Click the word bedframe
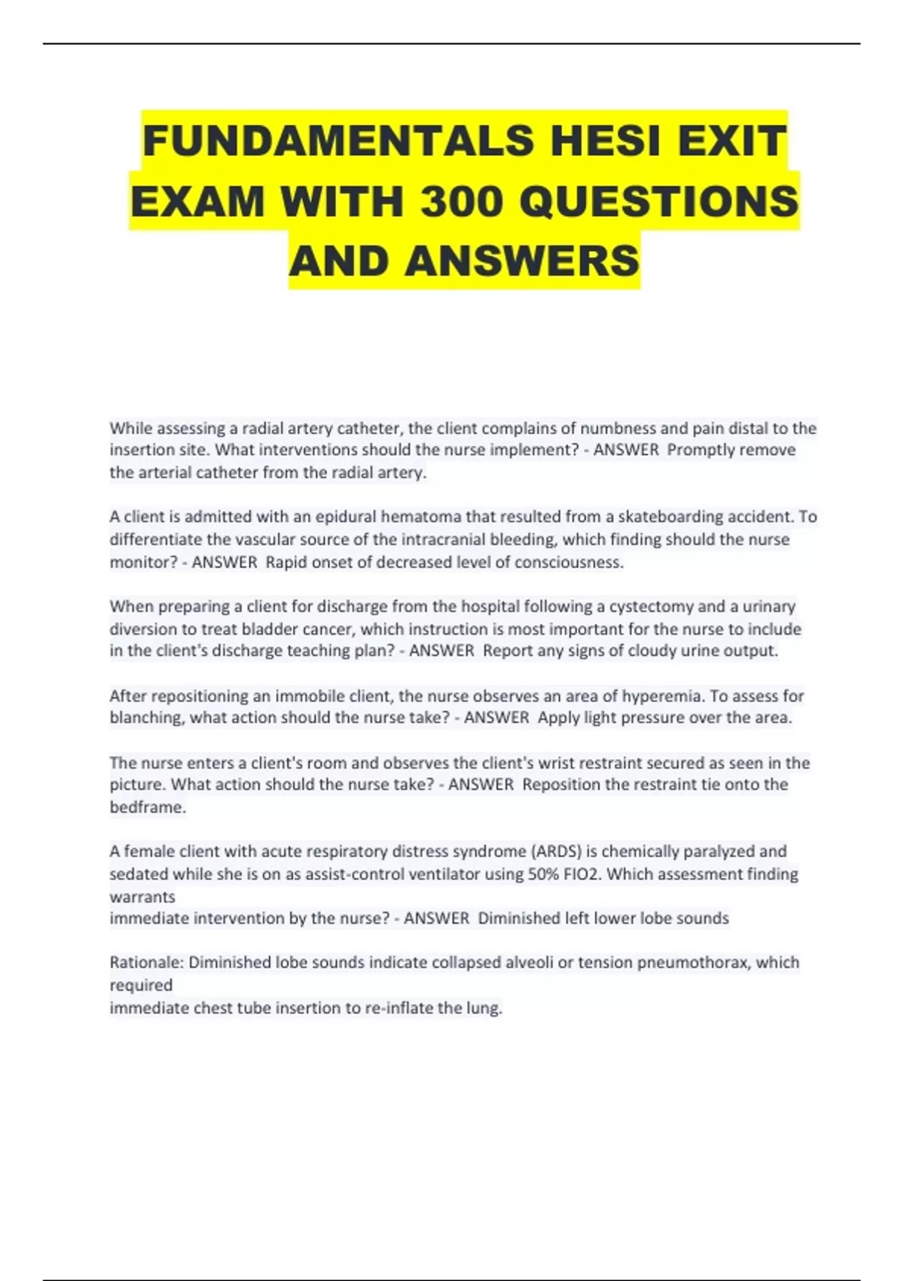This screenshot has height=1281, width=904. [147, 807]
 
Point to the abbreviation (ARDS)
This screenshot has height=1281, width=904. [557, 851]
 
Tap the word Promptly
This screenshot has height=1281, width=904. [701, 450]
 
